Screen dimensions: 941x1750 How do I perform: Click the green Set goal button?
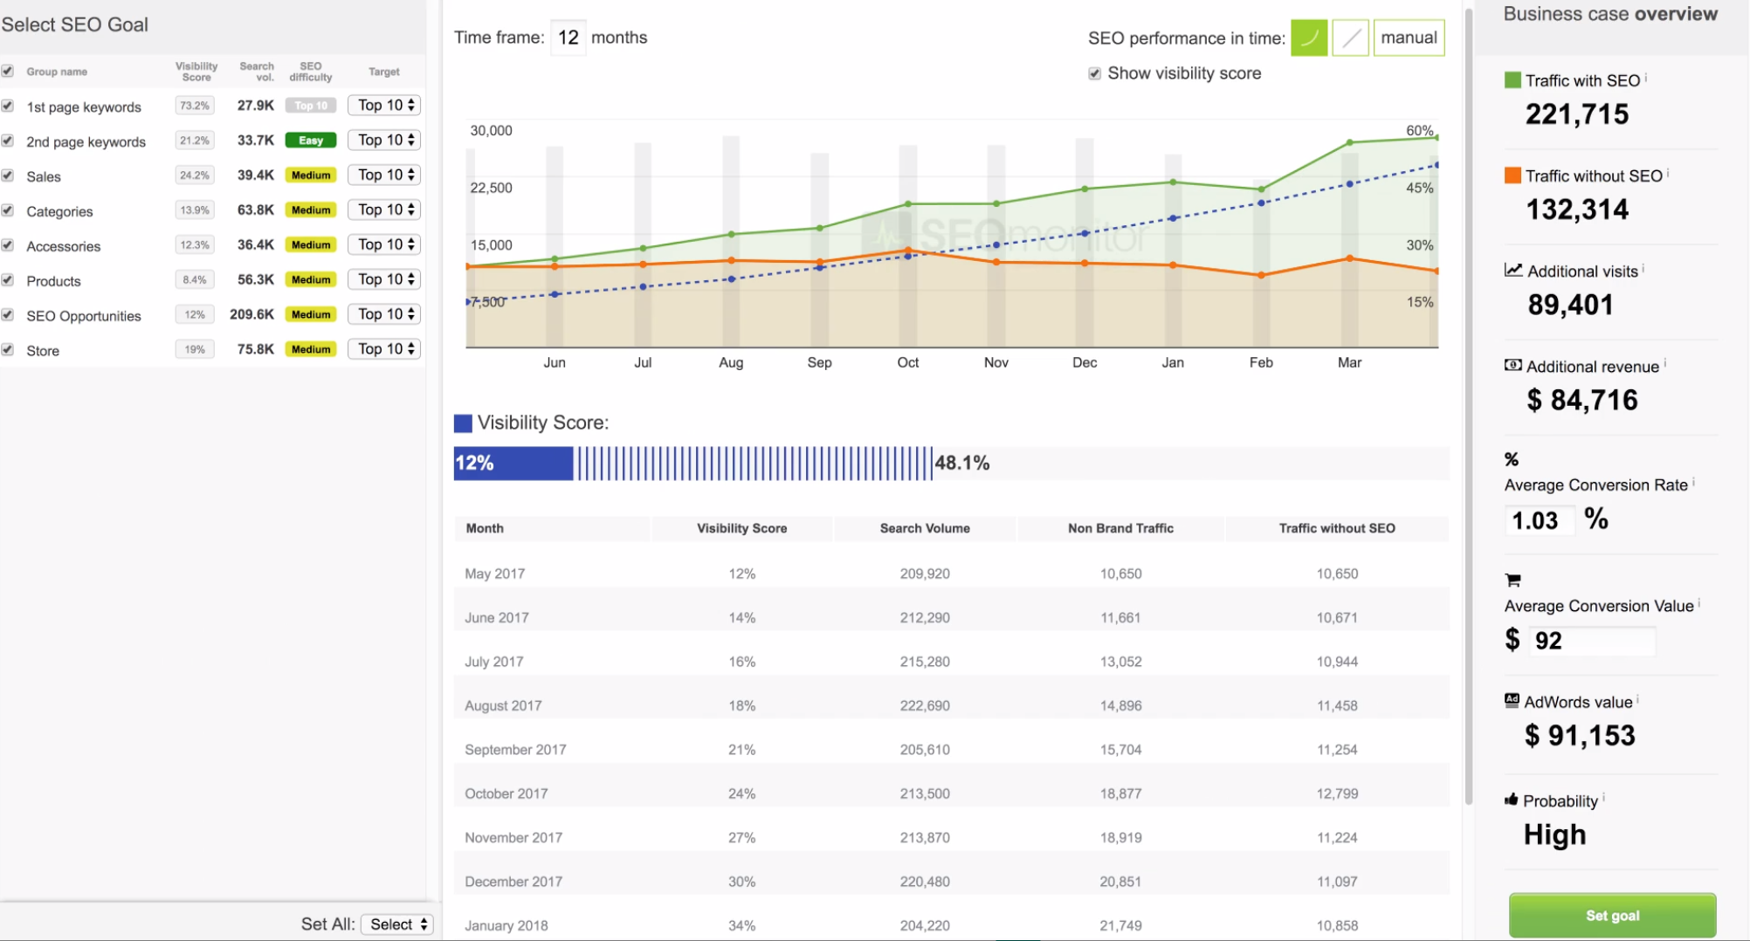[1611, 915]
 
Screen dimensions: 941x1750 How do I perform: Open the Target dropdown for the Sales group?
[384, 175]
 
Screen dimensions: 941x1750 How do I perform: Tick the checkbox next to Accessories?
[8, 245]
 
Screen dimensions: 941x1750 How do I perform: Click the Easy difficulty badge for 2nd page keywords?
[310, 141]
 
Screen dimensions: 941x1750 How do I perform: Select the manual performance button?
[1408, 38]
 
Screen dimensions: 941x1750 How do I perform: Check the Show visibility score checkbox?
[1094, 73]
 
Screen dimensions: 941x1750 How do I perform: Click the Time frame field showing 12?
[568, 38]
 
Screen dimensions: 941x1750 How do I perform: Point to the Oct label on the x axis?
[907, 362]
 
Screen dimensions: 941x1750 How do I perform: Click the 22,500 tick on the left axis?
[491, 188]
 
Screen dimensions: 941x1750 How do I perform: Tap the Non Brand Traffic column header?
[1120, 528]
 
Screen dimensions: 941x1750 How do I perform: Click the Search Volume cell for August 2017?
[925, 705]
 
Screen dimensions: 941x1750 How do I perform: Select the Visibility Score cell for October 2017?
[741, 793]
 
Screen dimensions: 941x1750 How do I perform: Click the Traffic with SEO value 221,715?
[1576, 114]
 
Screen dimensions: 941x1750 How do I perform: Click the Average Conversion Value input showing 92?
[1591, 641]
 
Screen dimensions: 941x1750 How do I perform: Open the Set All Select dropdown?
[397, 924]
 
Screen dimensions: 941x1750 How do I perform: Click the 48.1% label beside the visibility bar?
[961, 463]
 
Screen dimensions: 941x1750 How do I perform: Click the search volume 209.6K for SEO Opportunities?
[251, 314]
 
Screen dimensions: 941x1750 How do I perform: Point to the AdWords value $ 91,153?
[1580, 736]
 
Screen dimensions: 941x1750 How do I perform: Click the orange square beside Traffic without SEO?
[1512, 175]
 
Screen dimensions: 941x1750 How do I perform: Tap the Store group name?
[43, 351]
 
